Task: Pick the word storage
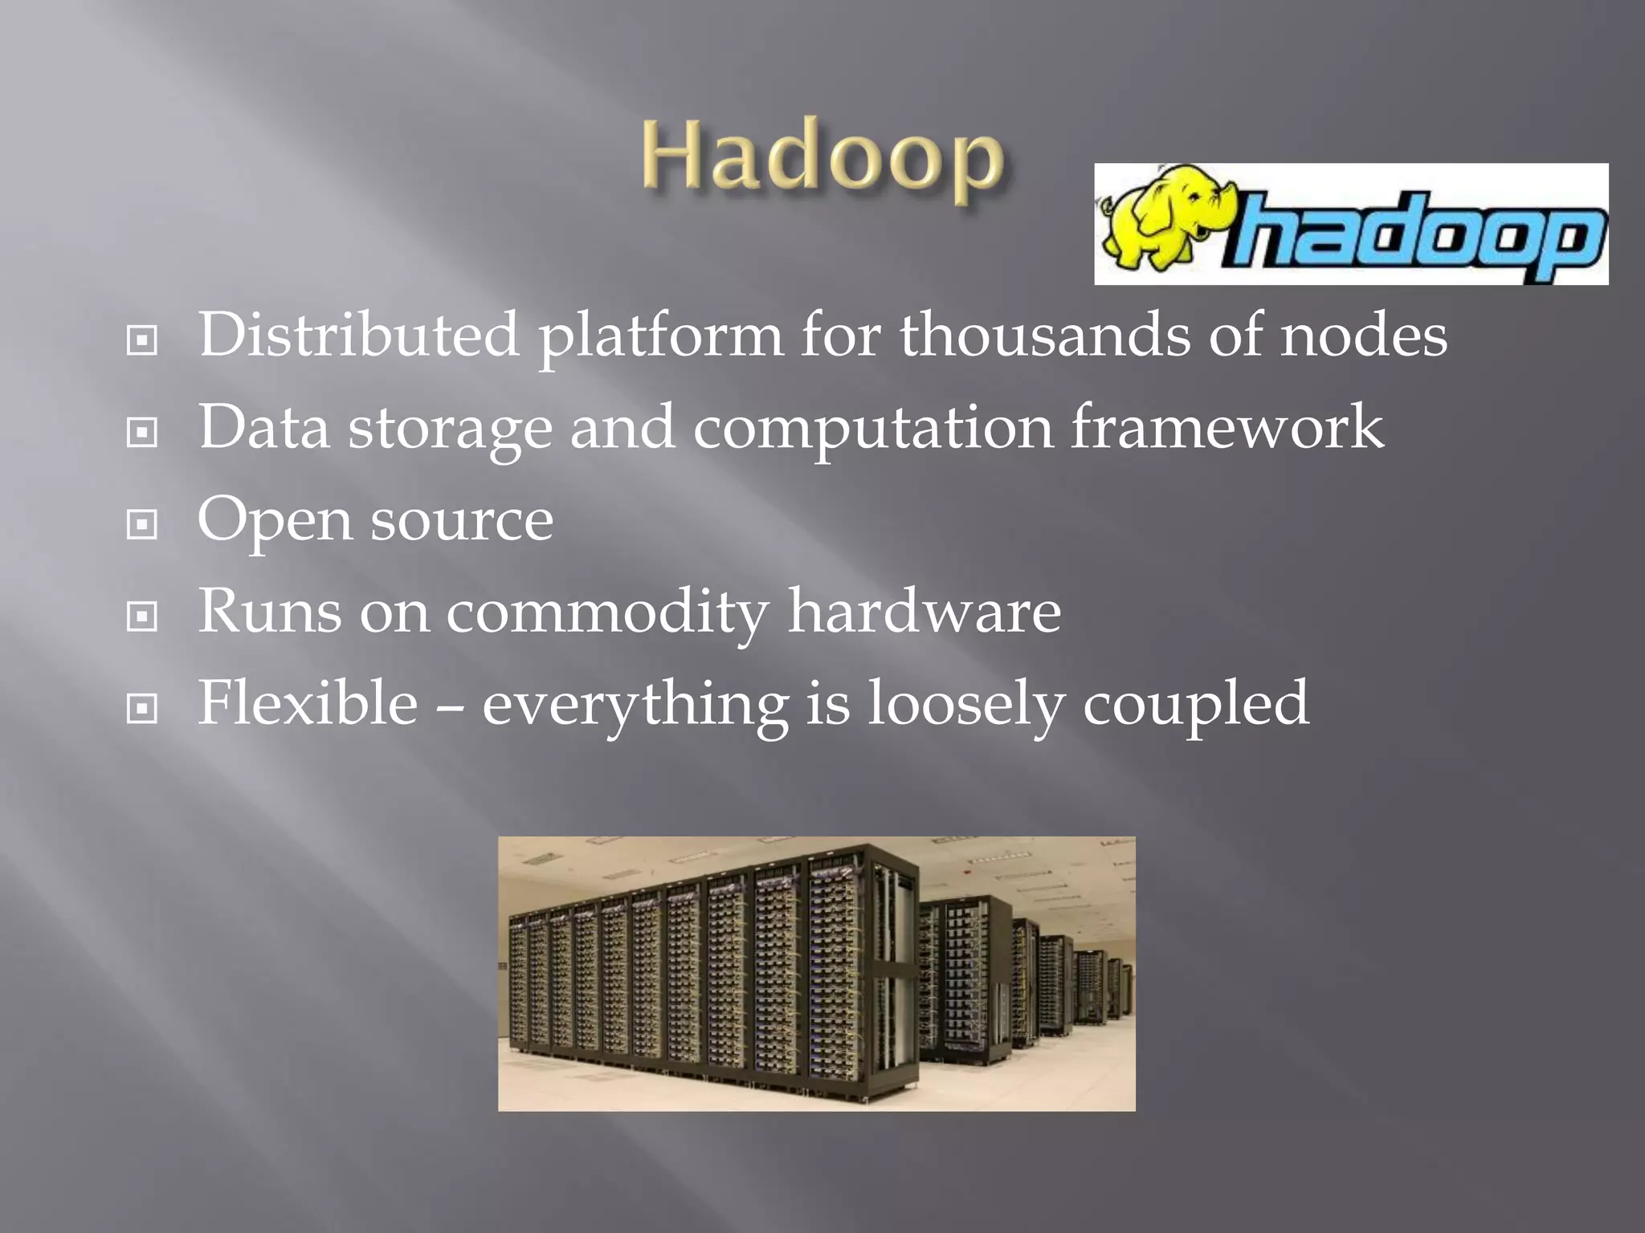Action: [x=450, y=428]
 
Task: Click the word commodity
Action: [x=607, y=612]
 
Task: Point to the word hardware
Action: [x=924, y=611]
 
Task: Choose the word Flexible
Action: [x=308, y=703]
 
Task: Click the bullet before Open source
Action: [x=142, y=525]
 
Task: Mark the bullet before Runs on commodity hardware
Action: [x=142, y=616]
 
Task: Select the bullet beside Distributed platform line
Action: [x=142, y=340]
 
